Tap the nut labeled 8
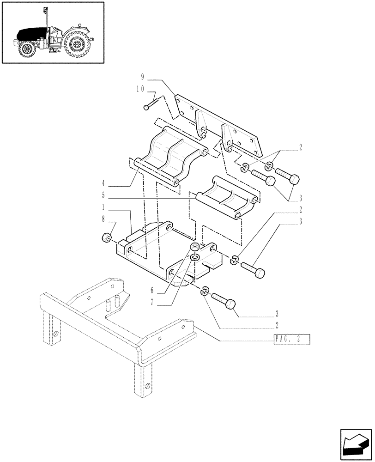106,238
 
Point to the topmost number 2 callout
301,148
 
